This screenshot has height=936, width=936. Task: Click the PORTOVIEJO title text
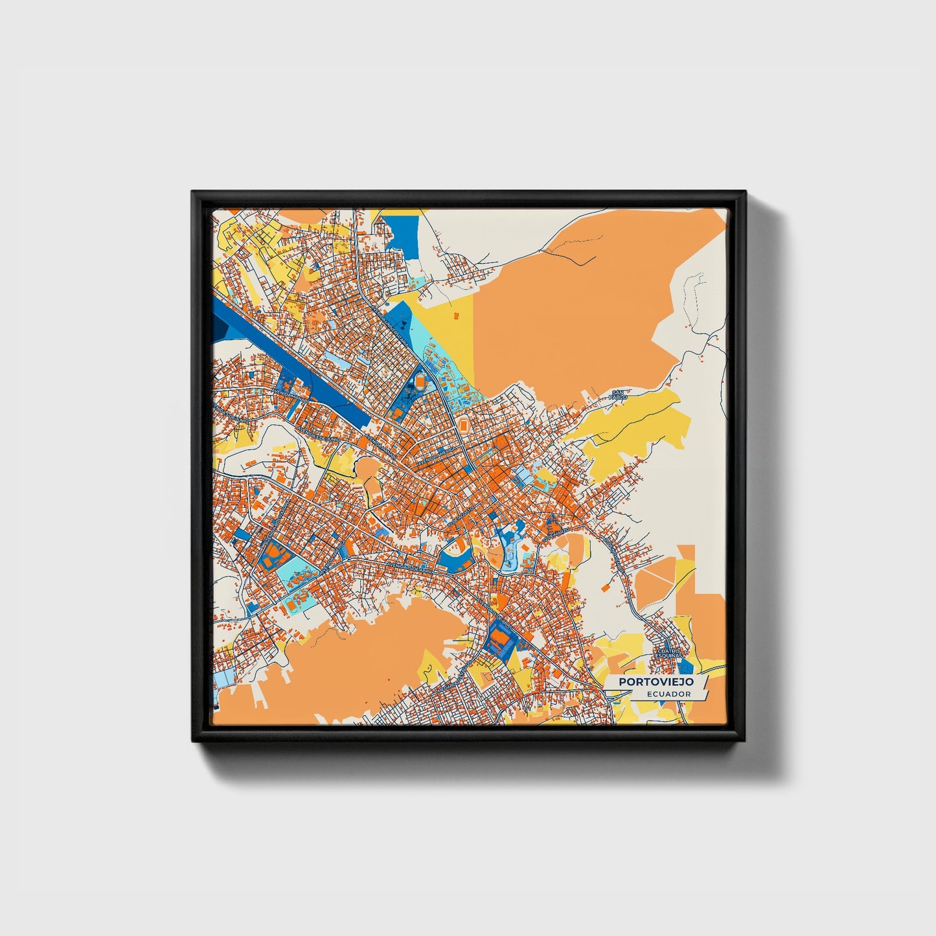[656, 682]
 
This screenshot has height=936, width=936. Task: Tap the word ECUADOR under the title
[668, 694]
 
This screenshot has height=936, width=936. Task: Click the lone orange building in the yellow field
[455, 315]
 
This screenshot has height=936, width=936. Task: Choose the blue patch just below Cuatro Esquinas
[689, 667]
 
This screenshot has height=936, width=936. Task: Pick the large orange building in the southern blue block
[501, 638]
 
